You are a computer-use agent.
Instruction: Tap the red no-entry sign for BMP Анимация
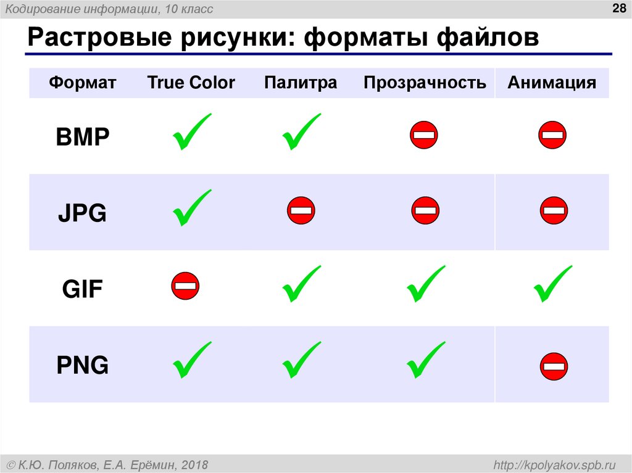552,135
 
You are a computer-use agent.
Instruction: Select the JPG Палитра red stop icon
301,211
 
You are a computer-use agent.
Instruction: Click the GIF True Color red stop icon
185,286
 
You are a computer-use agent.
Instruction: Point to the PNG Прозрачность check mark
425,360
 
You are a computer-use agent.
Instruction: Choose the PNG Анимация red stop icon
554,366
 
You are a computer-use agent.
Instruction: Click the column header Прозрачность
425,83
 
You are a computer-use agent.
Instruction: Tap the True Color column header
191,83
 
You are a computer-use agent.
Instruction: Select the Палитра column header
301,83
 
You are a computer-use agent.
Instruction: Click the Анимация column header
552,83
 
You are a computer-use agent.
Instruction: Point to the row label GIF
82,289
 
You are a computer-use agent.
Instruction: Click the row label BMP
82,137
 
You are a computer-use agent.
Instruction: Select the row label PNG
82,366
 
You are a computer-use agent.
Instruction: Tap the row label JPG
82,213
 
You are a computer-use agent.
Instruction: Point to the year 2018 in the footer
194,464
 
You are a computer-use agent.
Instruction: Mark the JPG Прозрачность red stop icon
425,211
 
